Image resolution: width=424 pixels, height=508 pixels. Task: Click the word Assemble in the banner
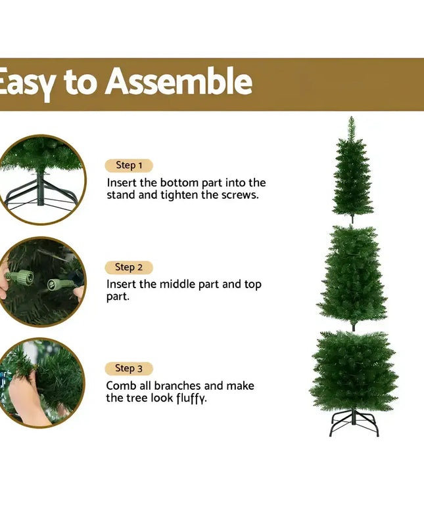178,83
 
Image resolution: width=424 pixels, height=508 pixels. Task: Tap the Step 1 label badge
129,165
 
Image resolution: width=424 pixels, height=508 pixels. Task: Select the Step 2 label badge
129,267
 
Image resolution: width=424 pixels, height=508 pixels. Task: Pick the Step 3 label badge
129,368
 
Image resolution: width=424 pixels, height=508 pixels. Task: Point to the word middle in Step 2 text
181,284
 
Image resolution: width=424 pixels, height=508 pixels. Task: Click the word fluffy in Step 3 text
191,398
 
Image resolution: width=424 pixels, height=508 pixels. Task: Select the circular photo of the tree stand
41,179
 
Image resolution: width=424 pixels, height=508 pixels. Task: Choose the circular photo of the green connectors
41,282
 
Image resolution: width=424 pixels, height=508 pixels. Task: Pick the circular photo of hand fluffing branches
41,383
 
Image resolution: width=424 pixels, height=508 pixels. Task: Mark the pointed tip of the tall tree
352,120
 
